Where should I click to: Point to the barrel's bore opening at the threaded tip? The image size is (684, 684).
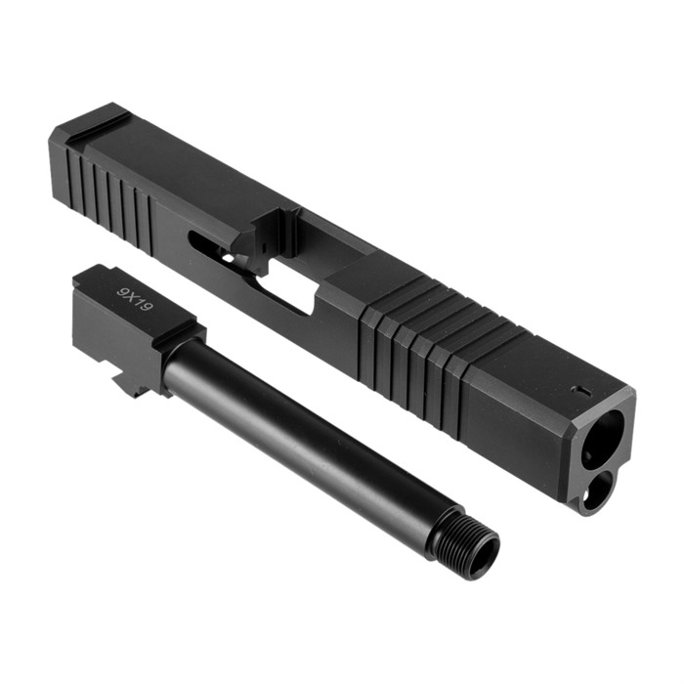(x=488, y=552)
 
